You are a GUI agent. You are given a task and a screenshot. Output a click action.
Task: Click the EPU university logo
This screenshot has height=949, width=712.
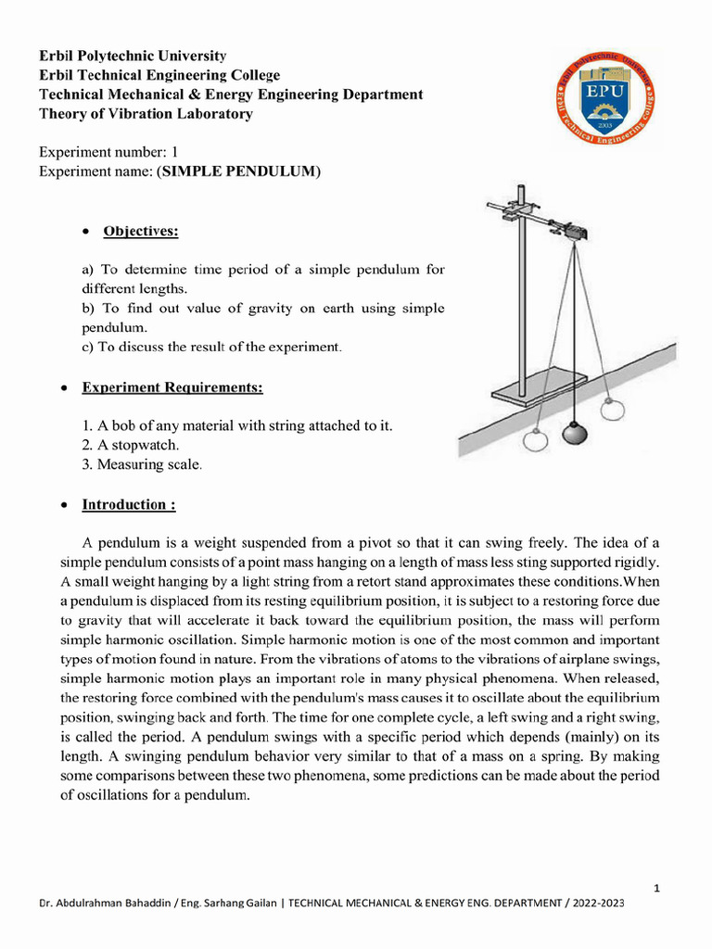[x=606, y=96]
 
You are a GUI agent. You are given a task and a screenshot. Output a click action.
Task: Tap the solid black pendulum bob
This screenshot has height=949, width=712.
[x=575, y=434]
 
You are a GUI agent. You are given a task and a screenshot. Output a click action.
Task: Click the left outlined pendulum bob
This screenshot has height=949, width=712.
[x=535, y=440]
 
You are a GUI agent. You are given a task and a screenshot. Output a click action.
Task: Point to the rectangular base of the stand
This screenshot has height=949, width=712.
[x=539, y=386]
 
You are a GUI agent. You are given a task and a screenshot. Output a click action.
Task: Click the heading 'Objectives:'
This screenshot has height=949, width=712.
[x=140, y=231]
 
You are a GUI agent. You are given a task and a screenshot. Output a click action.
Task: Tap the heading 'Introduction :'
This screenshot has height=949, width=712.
[x=129, y=505]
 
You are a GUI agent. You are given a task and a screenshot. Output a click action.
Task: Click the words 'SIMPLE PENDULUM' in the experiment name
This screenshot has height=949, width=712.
[x=239, y=171]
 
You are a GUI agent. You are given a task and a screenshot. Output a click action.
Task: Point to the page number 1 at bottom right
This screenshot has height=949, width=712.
[x=657, y=888]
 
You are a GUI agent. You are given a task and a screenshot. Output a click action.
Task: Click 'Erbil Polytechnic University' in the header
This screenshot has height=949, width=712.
[x=133, y=56]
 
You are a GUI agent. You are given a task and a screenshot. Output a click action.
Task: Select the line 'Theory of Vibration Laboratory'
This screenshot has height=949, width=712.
[x=146, y=114]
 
